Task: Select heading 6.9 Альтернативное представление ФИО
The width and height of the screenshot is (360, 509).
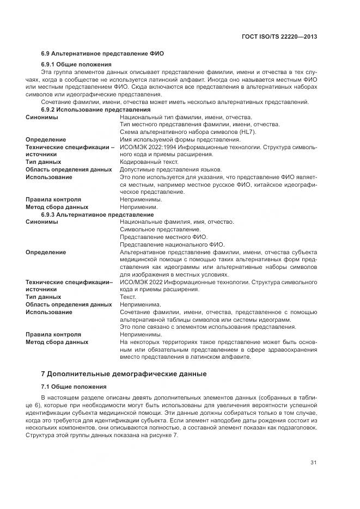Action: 102,53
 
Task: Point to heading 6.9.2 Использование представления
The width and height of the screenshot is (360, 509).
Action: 96,109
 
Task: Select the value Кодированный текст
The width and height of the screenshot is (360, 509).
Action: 145,162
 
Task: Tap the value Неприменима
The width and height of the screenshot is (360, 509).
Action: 140,304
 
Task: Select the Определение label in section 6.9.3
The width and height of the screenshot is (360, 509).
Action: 46,252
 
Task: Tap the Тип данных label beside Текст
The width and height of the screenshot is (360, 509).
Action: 44,297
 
